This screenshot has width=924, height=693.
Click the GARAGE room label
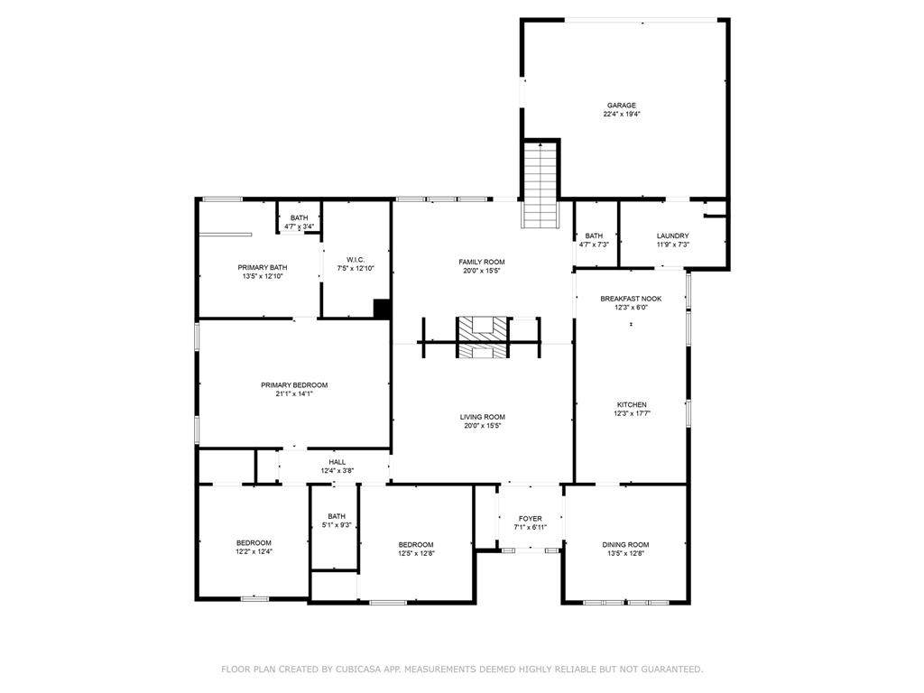coord(621,106)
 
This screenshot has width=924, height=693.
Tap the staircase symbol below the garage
coord(541,185)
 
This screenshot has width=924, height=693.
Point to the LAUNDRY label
coord(672,236)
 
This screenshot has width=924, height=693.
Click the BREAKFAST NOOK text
coord(631,299)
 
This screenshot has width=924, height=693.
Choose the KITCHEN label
coord(631,404)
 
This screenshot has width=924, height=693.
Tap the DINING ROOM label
coord(625,544)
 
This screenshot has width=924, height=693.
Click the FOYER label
coord(530,519)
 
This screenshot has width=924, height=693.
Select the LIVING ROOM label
coord(482,417)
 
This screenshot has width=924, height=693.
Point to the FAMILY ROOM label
coord(482,262)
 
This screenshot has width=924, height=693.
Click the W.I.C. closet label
coord(355,260)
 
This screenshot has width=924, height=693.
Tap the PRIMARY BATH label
coord(263,267)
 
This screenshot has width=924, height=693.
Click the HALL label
coord(337,462)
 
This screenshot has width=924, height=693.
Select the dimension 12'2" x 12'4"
coord(254,551)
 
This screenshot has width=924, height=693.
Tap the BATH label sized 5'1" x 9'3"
coord(337,516)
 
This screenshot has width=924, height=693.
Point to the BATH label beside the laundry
coord(594,236)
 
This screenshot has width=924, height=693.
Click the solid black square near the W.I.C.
coord(382,309)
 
